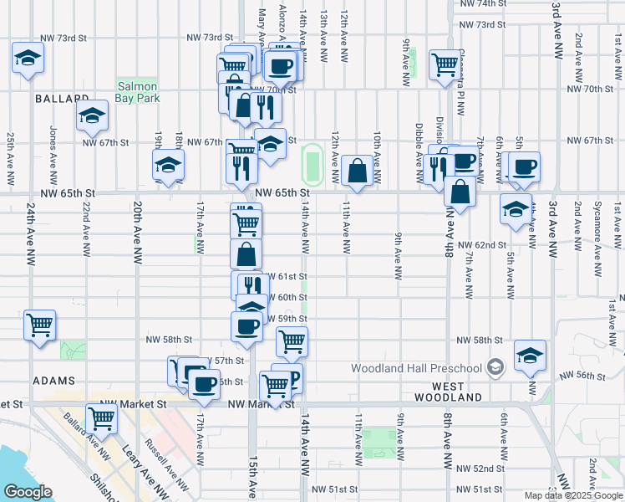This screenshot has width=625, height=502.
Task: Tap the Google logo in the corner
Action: [28, 492]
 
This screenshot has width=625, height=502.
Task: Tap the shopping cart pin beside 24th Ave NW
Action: [39, 325]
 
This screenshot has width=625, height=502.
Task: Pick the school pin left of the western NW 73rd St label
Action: [28, 58]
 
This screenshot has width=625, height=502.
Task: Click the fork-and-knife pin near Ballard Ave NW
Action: [101, 418]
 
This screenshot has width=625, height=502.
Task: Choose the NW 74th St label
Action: [483, 4]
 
